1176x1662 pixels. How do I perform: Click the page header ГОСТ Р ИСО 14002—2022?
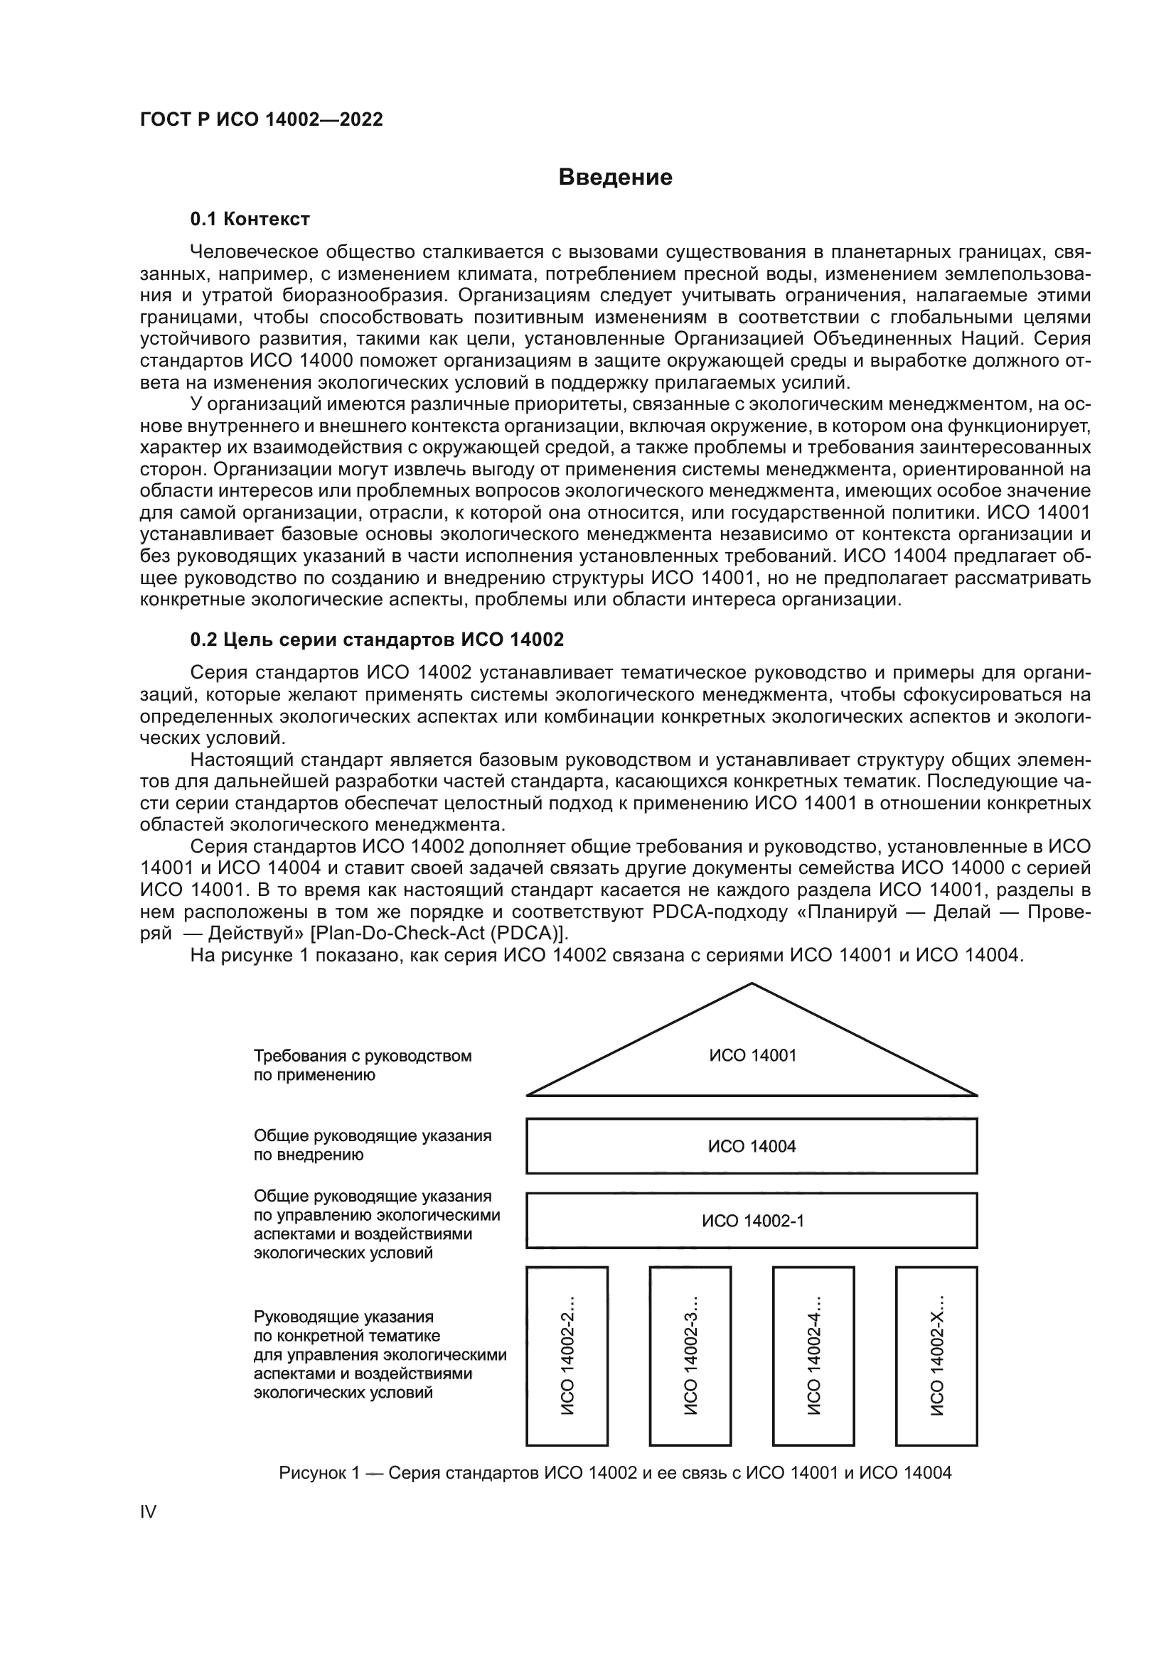pos(262,120)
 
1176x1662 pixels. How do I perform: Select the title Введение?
pos(615,178)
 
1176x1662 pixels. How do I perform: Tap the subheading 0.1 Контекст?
pos(250,219)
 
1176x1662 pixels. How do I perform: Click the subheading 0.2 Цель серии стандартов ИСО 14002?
pos(377,640)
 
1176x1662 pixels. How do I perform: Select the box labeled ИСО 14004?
pos(752,1146)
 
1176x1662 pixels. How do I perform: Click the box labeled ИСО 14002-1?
pos(752,1221)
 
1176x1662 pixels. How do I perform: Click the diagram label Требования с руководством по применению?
pos(362,1066)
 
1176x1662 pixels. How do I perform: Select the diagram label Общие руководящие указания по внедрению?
pos(372,1145)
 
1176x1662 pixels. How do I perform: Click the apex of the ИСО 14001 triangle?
pos(752,984)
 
